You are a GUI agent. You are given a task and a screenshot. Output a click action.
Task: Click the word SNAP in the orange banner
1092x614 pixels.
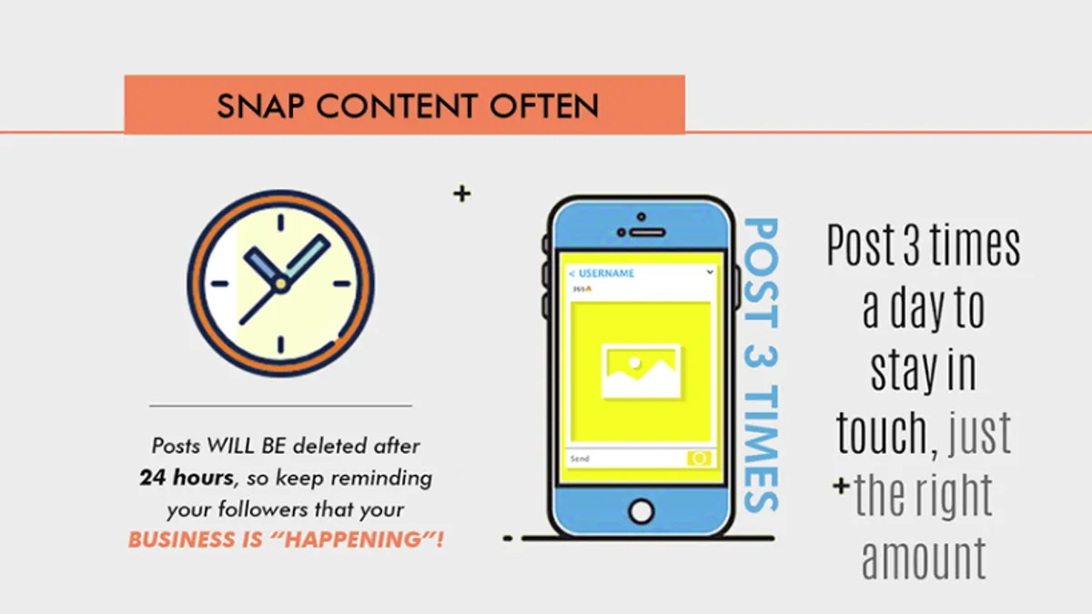point(261,106)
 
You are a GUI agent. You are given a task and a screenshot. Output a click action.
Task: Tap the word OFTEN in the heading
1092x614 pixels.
point(544,106)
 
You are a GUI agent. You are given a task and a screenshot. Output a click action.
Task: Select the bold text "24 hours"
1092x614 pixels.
point(187,478)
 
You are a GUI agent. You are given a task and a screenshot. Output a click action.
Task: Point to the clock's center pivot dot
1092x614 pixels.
point(281,284)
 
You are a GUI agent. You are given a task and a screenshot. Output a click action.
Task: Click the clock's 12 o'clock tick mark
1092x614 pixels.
point(281,222)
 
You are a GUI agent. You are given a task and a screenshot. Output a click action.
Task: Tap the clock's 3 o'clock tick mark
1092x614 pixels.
point(342,284)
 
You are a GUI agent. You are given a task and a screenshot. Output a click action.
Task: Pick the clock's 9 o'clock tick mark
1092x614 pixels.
point(219,284)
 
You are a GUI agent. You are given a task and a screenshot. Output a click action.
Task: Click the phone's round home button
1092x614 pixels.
point(641,511)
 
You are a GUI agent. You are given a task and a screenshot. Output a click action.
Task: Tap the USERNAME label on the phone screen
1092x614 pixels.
point(606,274)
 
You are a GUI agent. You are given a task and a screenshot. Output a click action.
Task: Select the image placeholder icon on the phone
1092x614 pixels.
point(641,371)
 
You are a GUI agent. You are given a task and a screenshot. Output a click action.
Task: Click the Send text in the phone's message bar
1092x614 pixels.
point(581,458)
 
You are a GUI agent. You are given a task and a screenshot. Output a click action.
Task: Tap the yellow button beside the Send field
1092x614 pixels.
point(699,458)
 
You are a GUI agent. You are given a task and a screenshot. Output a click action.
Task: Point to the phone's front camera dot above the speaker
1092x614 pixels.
point(641,216)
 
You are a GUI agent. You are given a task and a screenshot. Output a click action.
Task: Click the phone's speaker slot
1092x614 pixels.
point(648,233)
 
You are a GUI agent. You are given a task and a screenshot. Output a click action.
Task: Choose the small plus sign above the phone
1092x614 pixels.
point(461,194)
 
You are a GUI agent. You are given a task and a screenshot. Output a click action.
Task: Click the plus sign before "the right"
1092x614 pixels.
point(841,486)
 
